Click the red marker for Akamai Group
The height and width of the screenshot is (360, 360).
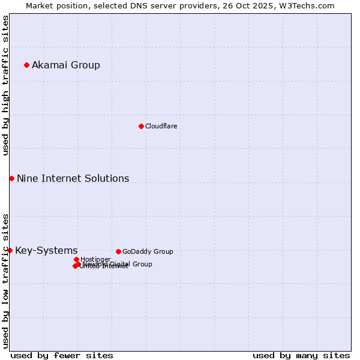[x=26, y=65]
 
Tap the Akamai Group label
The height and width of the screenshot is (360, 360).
[x=66, y=65]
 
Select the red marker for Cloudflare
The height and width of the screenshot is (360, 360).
[x=141, y=126]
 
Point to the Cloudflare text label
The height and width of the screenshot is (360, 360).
[x=161, y=127]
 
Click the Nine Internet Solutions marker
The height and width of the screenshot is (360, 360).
[x=11, y=178]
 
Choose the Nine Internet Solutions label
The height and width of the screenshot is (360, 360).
[x=73, y=179]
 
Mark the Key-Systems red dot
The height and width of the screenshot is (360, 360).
[x=10, y=250]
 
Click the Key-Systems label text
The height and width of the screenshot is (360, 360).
[x=46, y=251]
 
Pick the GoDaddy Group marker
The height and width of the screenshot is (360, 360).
[x=118, y=251]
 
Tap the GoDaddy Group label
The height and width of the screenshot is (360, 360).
[x=148, y=252]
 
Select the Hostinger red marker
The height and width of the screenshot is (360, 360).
[x=76, y=259]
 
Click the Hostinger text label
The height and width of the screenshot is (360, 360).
[x=95, y=260]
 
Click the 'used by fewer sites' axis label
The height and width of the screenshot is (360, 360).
[x=62, y=355]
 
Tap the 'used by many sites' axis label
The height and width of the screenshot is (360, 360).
[x=301, y=355]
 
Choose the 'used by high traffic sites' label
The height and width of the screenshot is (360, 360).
[x=5, y=85]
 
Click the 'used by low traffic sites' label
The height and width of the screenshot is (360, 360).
[x=5, y=280]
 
